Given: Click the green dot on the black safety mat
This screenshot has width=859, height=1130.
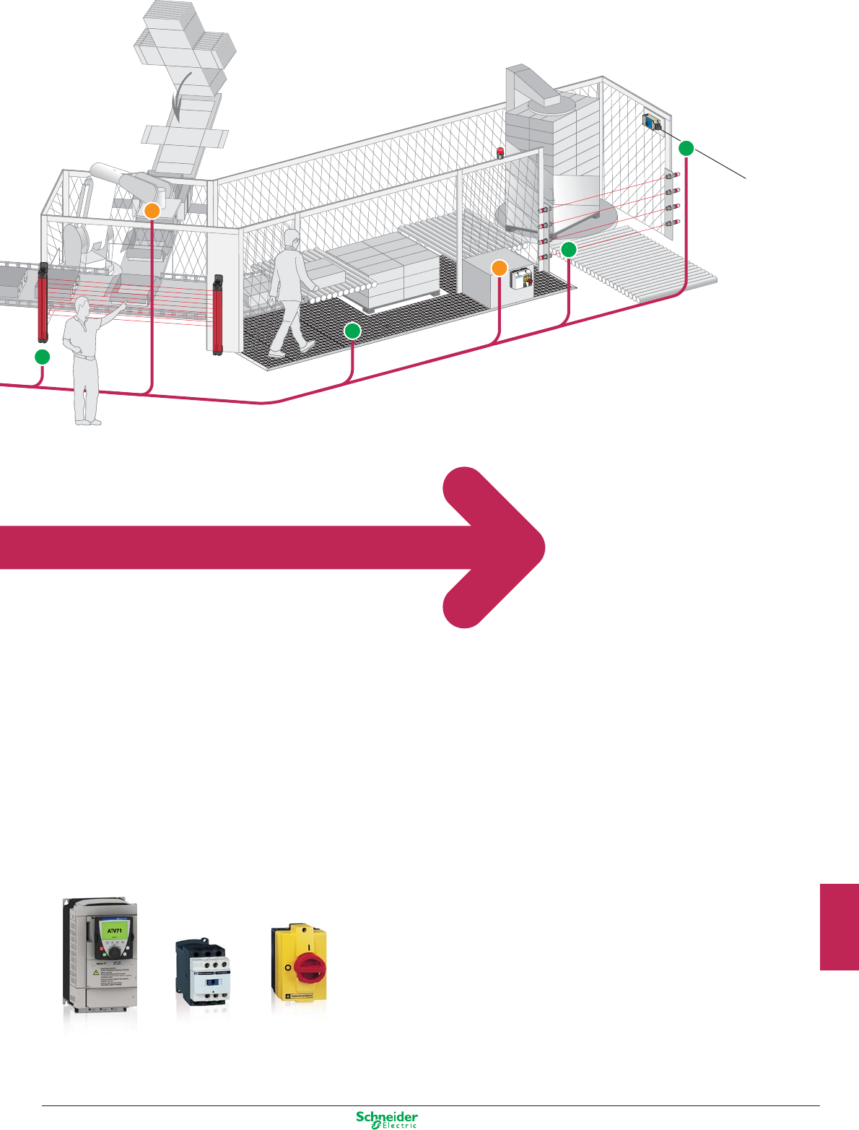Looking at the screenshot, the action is click(352, 331).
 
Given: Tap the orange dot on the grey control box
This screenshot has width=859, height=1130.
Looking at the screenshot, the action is click(500, 268).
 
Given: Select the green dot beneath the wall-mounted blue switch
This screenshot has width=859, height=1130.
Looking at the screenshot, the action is click(686, 149).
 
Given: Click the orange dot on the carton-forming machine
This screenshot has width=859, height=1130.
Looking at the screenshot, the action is click(152, 211).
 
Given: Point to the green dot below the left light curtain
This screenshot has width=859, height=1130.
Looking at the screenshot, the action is click(43, 356).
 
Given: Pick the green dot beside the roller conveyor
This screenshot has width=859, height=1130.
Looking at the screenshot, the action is click(569, 250).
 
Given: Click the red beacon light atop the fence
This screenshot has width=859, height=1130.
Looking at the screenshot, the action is click(500, 152).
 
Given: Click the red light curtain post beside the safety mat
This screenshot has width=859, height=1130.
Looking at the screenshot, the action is click(218, 314).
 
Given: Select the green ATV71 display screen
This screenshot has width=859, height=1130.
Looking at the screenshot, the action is click(115, 930).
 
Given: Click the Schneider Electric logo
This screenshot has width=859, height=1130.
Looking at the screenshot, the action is click(387, 1118).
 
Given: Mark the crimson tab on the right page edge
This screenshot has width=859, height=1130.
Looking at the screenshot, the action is click(839, 926).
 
